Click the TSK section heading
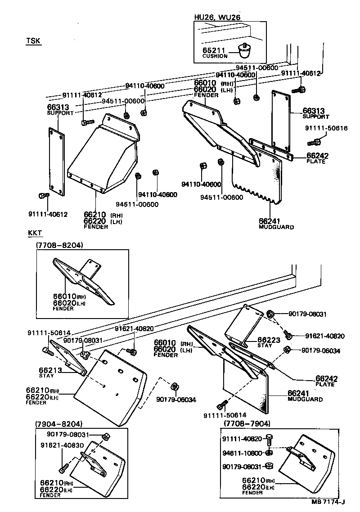coord(33,41)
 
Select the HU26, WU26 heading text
coord(217,17)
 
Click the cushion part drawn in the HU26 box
coord(245,52)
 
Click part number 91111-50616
coord(326,128)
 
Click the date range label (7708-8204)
coord(59,245)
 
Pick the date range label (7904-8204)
coord(58,424)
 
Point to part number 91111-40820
coord(242,439)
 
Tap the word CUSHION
coord(215,56)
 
